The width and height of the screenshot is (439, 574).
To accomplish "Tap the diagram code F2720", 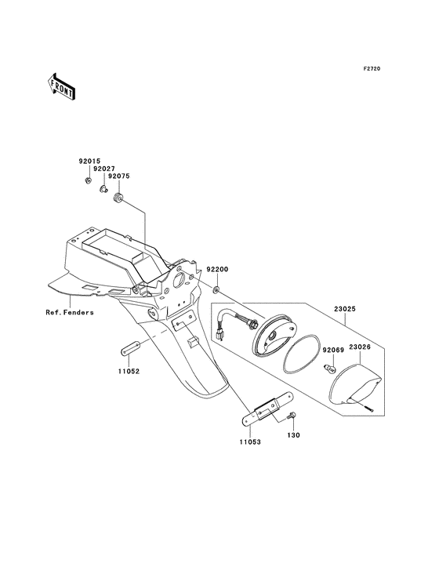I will pos(372,69).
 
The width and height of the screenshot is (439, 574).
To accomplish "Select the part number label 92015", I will pos(89,161).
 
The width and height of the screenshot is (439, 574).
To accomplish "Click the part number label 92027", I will pos(104,169).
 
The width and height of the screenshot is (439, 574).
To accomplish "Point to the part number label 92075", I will pos(119,176).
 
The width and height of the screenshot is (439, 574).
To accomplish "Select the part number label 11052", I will pos(129,371).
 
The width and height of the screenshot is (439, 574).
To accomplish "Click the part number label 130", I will pos(293,435).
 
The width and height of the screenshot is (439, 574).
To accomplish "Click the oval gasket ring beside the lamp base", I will pos(303,352).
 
